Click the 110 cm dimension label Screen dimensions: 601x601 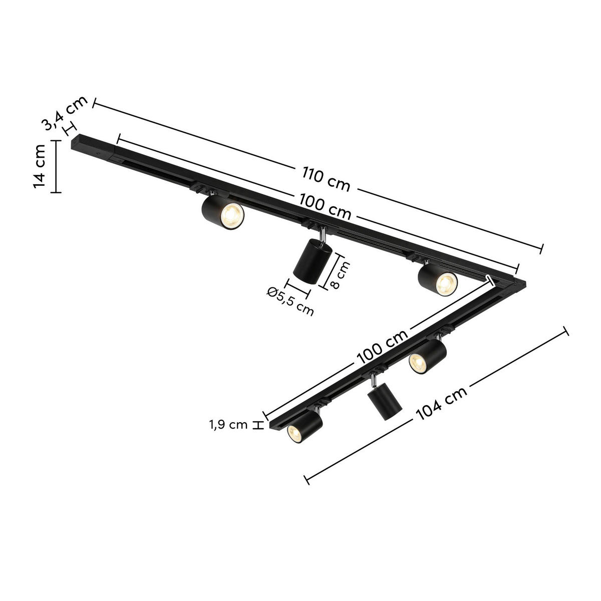pyautogui.click(x=326, y=179)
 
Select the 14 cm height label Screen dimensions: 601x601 pyautogui.click(x=40, y=166)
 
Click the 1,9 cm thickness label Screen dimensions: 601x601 pyautogui.click(x=228, y=425)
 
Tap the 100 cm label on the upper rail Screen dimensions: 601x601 pyautogui.click(x=326, y=207)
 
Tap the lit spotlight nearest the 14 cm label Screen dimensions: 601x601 pyautogui.click(x=223, y=213)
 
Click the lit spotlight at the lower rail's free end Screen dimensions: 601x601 pyautogui.click(x=304, y=425)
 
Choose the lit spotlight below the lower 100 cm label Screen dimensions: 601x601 pyautogui.click(x=426, y=356)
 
